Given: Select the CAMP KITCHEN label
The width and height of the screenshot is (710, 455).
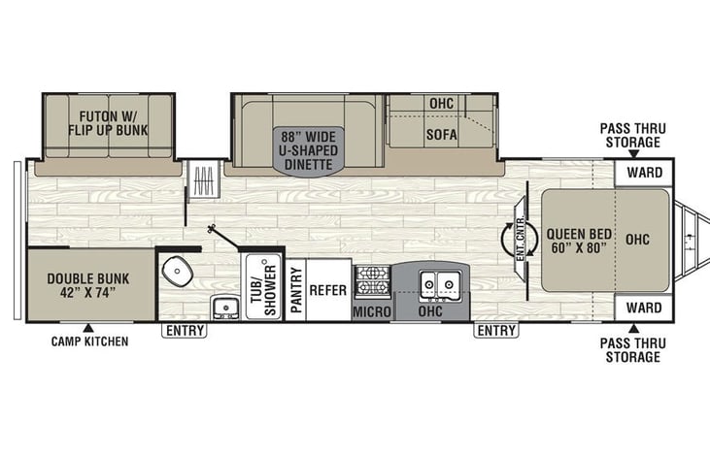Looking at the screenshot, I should click(88, 341).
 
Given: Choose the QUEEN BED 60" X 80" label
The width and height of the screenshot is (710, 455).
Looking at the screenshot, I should click(576, 240).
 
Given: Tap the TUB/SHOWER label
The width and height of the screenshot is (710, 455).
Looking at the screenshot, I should click(265, 289).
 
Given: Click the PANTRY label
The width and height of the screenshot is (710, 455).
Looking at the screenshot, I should click(295, 290).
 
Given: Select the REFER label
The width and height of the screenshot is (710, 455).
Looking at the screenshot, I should click(328, 289).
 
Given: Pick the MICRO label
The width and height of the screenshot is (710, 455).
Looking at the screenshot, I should click(371, 311).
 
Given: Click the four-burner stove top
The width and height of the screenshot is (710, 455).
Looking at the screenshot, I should click(371, 280).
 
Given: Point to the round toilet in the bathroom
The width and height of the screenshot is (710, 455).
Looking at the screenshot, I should click(176, 273).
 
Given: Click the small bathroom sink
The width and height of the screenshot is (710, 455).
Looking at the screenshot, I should click(225, 309).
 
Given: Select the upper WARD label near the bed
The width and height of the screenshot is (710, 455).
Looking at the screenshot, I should click(643, 173).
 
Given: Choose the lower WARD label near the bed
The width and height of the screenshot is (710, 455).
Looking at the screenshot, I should click(643, 308).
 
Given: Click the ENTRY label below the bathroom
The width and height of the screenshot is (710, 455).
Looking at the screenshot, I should click(184, 331).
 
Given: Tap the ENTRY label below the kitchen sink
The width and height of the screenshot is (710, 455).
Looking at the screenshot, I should click(495, 331).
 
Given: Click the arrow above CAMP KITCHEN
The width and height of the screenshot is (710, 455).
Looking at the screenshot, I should click(88, 327).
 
